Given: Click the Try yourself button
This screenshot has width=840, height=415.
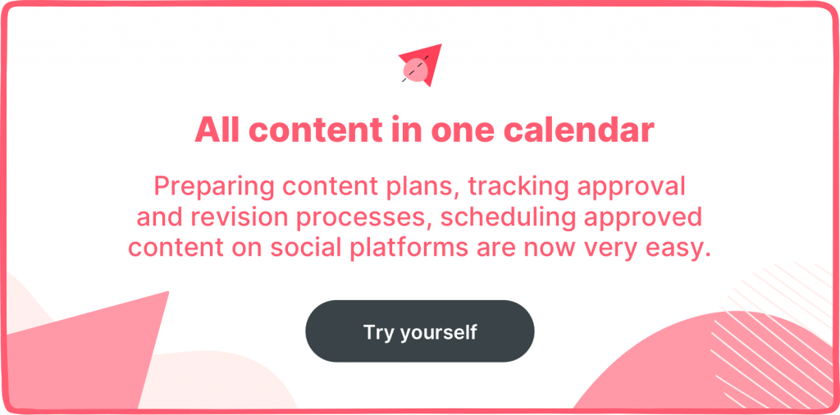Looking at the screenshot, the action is pos(419,331).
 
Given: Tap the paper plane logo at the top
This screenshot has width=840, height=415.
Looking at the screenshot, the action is pos(421,65).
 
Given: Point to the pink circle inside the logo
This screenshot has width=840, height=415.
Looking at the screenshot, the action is pos(416,71).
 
